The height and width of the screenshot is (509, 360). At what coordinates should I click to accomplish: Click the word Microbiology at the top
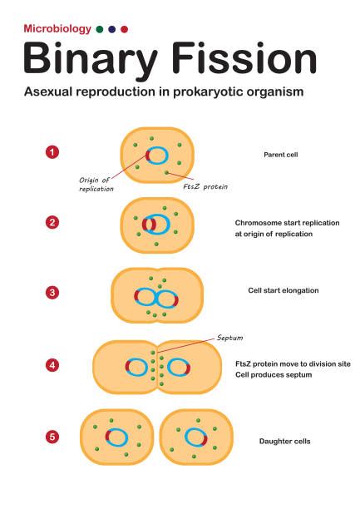[56, 28]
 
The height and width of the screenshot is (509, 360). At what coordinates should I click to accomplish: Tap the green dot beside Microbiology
[101, 29]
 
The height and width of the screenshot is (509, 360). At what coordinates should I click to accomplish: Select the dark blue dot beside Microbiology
[112, 29]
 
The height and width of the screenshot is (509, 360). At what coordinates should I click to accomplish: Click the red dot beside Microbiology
[124, 29]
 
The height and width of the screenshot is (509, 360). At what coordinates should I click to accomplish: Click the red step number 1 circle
[52, 152]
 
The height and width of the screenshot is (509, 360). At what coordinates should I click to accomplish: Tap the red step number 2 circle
[52, 222]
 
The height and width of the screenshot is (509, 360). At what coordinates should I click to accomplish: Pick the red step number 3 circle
[52, 292]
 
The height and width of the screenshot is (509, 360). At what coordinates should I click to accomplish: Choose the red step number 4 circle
[52, 363]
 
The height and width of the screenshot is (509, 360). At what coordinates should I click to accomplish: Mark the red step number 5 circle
[52, 435]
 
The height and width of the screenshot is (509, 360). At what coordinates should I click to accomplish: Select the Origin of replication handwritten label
[96, 184]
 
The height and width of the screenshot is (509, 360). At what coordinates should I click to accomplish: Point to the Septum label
[229, 339]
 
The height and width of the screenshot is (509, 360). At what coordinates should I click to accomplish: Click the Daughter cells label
[284, 441]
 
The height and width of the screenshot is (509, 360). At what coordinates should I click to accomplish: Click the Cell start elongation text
[284, 290]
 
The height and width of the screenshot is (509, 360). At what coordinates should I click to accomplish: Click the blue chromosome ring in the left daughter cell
[117, 437]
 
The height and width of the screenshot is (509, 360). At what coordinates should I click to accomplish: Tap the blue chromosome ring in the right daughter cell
[195, 437]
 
